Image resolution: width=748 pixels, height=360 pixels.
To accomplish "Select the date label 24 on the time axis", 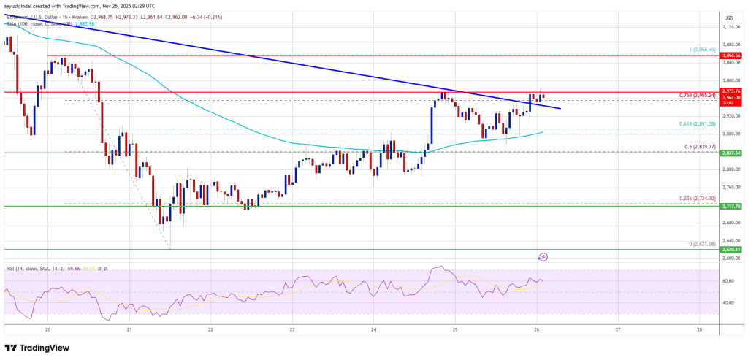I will (373, 329).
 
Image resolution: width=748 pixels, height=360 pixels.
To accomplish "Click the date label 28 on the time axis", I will (699, 329).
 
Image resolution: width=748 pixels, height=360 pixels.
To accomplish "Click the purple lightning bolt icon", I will (543, 257).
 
